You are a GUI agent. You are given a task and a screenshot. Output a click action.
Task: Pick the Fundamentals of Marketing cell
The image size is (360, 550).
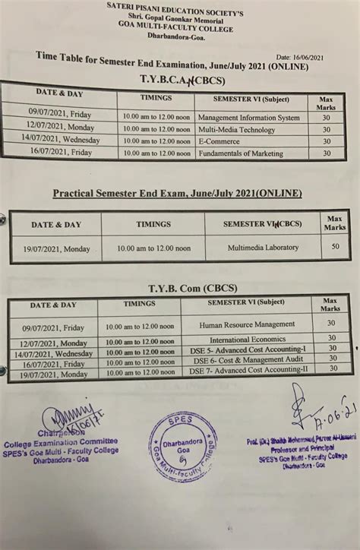[x=245, y=153]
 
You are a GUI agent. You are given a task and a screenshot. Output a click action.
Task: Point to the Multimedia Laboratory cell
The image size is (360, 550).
[x=263, y=248]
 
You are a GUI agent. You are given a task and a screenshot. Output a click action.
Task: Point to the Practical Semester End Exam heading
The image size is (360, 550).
[x=176, y=194]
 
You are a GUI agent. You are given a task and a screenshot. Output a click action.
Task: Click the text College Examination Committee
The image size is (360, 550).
[x=71, y=441]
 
